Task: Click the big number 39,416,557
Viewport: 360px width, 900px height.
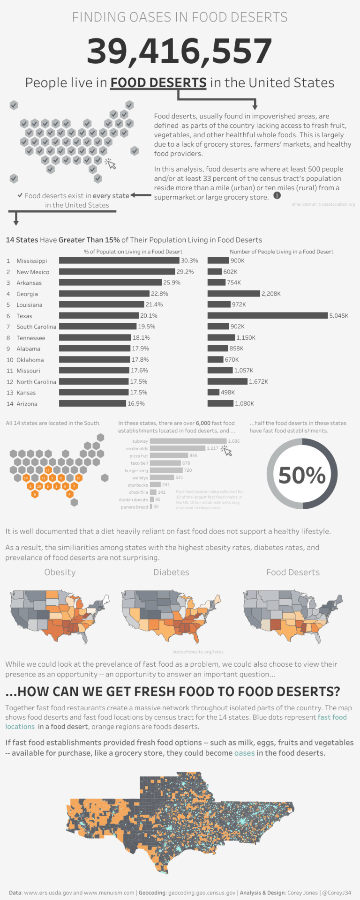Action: point(180,51)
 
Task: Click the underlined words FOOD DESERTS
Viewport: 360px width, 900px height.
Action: point(158,83)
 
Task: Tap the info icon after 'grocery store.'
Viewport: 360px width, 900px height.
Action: point(277,195)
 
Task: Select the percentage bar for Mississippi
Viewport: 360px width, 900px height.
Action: point(119,260)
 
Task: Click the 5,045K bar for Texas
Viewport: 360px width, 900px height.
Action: point(268,315)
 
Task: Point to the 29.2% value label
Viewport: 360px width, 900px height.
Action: point(185,272)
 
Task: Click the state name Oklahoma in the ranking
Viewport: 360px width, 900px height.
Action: point(30,360)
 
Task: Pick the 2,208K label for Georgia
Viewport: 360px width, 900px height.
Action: point(271,294)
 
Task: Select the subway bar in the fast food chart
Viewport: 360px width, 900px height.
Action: point(188,441)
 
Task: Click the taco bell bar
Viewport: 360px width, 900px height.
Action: point(165,463)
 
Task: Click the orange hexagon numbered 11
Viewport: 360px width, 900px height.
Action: point(48,470)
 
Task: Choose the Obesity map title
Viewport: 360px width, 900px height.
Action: point(60,572)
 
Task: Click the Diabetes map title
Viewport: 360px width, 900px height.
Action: point(171,572)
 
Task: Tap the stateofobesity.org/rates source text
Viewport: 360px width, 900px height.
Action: point(198,652)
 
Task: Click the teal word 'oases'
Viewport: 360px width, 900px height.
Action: point(244,753)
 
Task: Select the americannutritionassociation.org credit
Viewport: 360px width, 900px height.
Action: point(323,204)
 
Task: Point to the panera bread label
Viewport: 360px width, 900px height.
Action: point(134,507)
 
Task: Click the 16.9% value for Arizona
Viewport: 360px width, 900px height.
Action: point(136,403)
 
